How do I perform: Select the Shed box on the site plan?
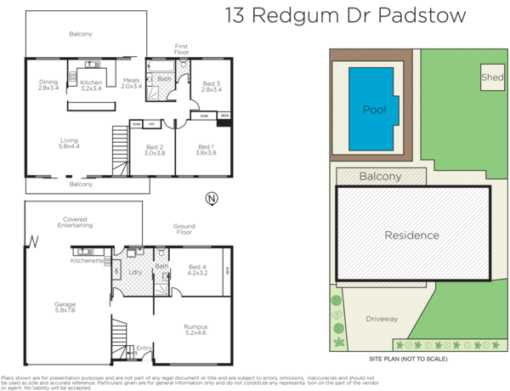[x=490, y=76]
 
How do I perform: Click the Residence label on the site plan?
[x=411, y=235]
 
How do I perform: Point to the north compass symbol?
[x=211, y=199]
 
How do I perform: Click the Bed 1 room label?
[x=206, y=150]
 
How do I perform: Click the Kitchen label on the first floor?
[x=91, y=85]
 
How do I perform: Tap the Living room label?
[x=70, y=144]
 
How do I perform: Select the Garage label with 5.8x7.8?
[x=65, y=306]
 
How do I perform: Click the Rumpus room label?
[x=195, y=329]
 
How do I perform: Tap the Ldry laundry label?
[x=133, y=272]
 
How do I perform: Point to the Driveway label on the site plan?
[x=382, y=319]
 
